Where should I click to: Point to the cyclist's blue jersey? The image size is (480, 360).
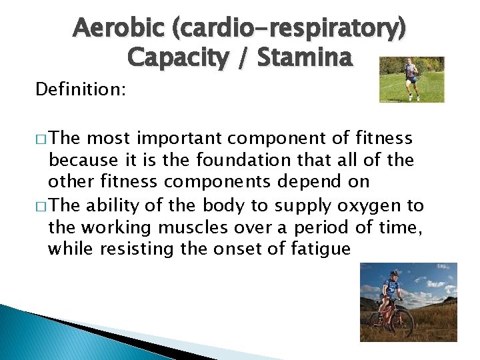392,288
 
